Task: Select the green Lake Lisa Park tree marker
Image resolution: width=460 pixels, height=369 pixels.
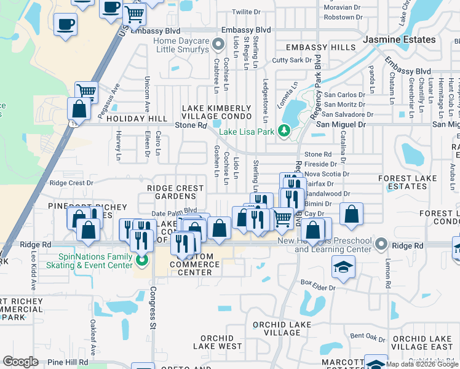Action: [x=284, y=130]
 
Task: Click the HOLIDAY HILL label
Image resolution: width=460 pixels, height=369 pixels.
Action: [x=128, y=119]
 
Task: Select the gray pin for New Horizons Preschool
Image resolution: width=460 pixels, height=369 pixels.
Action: [x=383, y=245]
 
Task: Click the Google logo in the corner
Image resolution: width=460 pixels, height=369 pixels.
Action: [x=20, y=362]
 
